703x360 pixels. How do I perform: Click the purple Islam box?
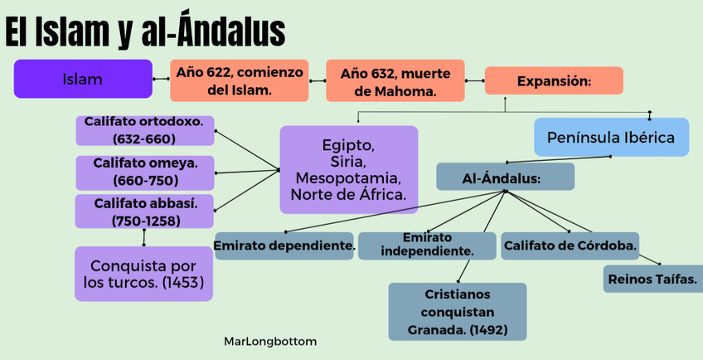83,80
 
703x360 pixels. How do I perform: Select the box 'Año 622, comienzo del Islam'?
239,80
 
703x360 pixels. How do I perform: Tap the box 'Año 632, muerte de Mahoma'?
395,80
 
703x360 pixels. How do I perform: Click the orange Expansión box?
553,80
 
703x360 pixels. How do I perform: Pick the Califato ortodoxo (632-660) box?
144,130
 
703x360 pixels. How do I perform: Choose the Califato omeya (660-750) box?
144,172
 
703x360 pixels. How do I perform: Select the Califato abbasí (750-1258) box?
144,211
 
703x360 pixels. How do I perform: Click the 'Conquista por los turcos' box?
143,275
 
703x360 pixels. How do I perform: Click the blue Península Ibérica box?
611,137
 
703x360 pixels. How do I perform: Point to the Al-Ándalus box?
505,177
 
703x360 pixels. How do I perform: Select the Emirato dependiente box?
284,246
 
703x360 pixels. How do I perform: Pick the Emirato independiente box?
427,246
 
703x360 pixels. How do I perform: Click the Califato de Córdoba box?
570,246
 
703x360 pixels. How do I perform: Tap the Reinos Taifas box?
652,279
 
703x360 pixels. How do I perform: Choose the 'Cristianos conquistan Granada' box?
457,312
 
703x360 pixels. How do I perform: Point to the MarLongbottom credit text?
269,341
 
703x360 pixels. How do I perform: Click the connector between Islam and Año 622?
161,80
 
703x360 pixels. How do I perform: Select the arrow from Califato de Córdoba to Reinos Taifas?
651,260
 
